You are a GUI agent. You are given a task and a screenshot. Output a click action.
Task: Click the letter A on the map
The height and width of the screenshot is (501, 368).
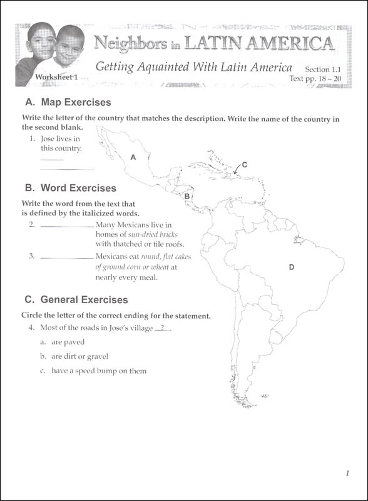pos(133,158)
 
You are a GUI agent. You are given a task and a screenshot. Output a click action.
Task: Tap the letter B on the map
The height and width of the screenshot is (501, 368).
pos(187,196)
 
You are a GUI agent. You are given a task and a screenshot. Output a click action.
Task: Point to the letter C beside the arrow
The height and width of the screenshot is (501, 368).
pos(244,165)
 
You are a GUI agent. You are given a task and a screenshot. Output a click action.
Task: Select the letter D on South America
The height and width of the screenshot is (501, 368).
pos(291,267)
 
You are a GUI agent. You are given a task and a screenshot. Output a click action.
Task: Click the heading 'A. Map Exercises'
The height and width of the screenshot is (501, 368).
pos(68,102)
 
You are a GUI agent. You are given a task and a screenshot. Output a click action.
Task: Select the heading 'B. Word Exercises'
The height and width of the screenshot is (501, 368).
pos(70,187)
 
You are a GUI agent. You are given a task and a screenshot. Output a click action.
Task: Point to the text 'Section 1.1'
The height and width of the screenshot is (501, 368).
pos(323,70)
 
